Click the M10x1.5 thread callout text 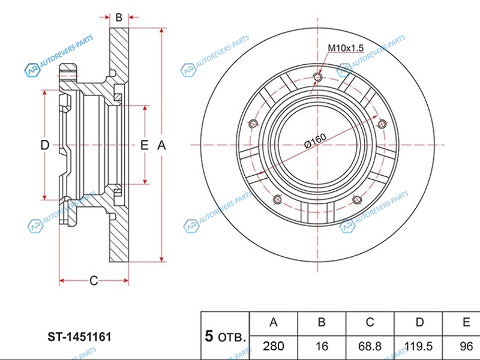(x=346, y=48)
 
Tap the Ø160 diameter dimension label (x=316, y=141)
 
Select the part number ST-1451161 (x=79, y=337)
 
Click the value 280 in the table (x=274, y=346)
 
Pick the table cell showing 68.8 (x=370, y=346)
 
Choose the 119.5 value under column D (x=418, y=346)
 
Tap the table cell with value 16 (x=322, y=346)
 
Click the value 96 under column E (x=466, y=346)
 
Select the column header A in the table (x=274, y=322)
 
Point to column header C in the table (x=370, y=322)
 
